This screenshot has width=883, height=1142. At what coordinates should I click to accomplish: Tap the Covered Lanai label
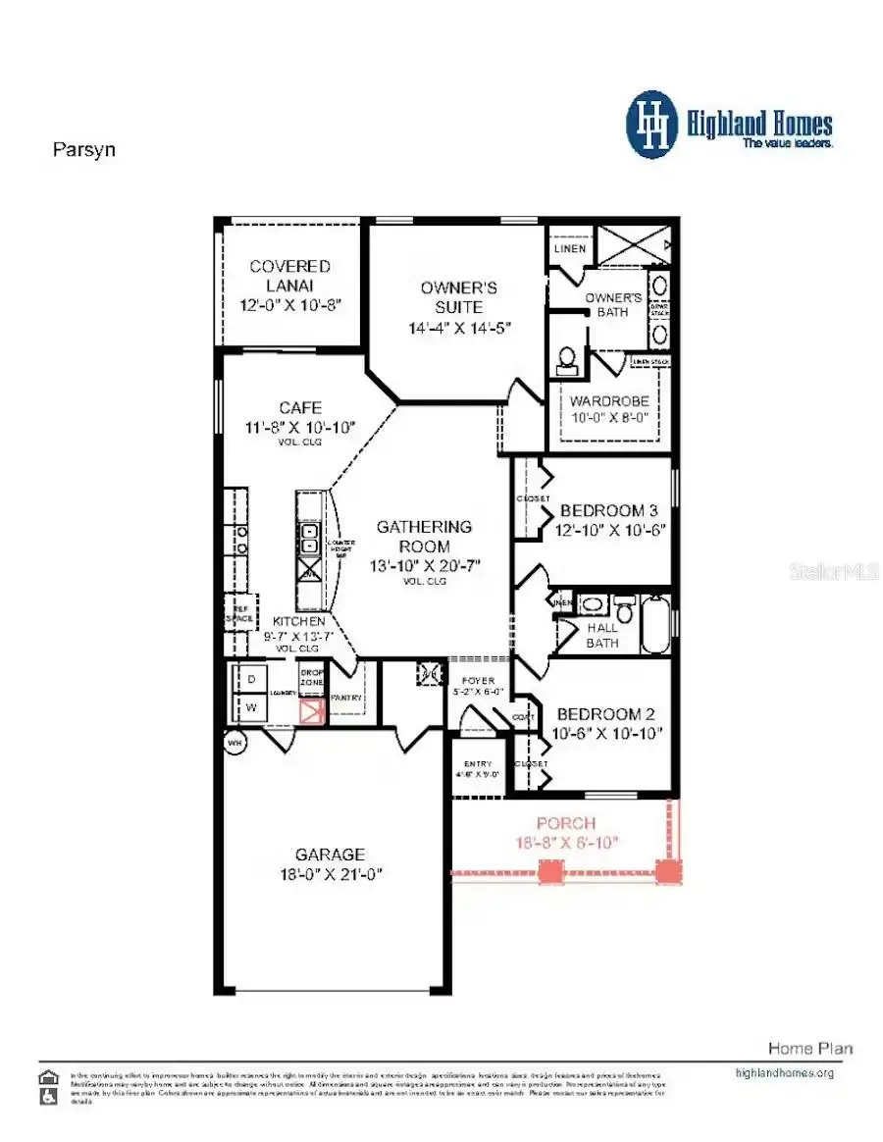[x=289, y=266]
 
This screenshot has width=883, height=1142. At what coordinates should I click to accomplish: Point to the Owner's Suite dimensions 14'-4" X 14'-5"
[x=459, y=328]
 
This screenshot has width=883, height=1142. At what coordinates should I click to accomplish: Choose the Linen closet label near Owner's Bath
[x=570, y=248]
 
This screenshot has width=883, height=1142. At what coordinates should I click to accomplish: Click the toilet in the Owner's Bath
[x=566, y=361]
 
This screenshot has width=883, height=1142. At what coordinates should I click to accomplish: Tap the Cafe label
[x=299, y=407]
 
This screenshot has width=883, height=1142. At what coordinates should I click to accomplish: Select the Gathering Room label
[x=424, y=536]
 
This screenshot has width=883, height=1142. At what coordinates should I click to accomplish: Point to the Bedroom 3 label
[x=608, y=510]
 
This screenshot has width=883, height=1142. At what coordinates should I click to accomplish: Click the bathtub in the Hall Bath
[x=655, y=624]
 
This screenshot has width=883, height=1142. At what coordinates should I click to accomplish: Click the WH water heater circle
[x=234, y=743]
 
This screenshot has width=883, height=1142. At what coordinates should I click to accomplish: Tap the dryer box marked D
[x=249, y=679]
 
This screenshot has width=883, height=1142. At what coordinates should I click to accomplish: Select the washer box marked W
[x=249, y=707]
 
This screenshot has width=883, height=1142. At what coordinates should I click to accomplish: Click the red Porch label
[x=565, y=822]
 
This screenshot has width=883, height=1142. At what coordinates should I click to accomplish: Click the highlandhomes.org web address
[x=784, y=1072]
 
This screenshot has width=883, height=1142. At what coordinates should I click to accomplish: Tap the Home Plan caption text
[x=809, y=1048]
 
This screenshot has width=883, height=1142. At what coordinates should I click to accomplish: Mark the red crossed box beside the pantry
[x=311, y=710]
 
